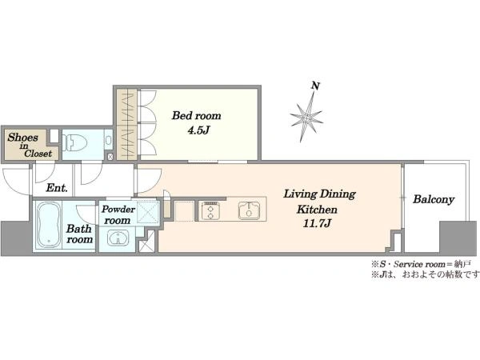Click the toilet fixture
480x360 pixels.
[74, 143]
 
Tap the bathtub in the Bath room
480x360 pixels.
[48, 225]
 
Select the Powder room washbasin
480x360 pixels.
[118, 238]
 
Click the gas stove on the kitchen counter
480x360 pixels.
[210, 210]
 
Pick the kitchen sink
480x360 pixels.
[250, 210]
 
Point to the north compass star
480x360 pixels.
[306, 117]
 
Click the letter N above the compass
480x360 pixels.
[316, 86]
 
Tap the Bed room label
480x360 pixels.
[196, 116]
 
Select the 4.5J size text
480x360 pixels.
[198, 130]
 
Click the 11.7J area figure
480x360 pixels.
[317, 223]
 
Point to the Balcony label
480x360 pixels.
[434, 199]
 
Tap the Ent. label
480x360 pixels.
[57, 188]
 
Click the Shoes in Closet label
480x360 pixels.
[30, 145]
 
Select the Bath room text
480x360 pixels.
[79, 234]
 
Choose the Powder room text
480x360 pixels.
[118, 214]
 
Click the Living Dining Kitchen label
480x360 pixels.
[319, 202]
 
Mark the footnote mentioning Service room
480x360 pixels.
[422, 264]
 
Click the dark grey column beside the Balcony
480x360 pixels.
[454, 238]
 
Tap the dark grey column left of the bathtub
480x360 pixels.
[16, 238]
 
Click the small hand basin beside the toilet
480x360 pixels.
[108, 141]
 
